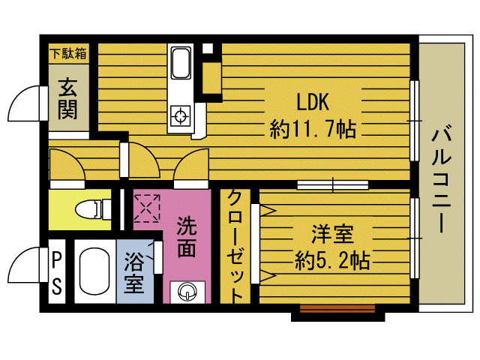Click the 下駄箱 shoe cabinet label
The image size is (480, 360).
(x=68, y=54)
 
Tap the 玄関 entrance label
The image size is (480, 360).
(x=68, y=98)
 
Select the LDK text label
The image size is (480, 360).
(x=313, y=102)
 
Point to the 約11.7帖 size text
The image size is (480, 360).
(x=313, y=128)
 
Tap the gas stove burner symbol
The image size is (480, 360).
(x=180, y=115)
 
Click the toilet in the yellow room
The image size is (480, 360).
(x=93, y=209)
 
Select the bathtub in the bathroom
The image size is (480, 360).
(x=94, y=271)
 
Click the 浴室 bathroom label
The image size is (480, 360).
(x=134, y=272)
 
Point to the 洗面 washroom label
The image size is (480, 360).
(x=186, y=237)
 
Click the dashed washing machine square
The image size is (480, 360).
(x=147, y=208)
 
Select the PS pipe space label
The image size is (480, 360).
(x=57, y=271)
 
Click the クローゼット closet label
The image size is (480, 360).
(x=235, y=246)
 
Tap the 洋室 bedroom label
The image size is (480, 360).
(x=332, y=234)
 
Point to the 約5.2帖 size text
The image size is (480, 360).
(x=332, y=260)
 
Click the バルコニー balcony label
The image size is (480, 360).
(x=442, y=181)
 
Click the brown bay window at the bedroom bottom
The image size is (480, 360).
(x=337, y=308)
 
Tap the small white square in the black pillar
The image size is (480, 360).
(x=208, y=48)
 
